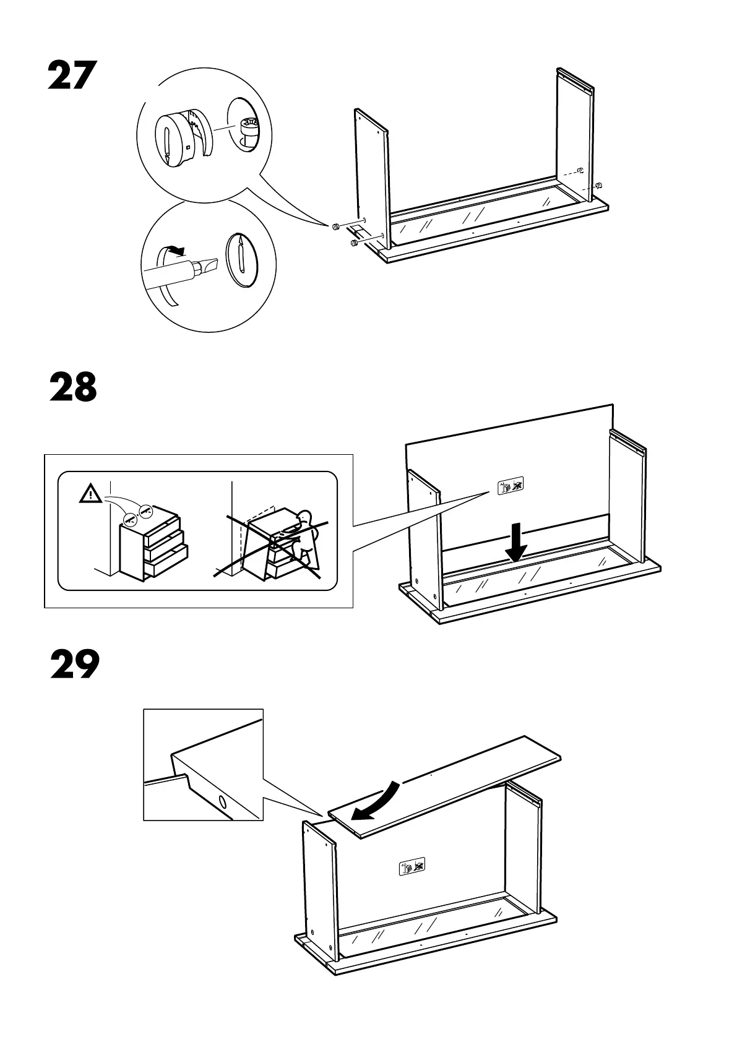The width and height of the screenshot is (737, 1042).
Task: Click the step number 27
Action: (x=72, y=76)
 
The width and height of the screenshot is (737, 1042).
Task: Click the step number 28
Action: (x=73, y=388)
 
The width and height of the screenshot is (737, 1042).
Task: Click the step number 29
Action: (x=74, y=665)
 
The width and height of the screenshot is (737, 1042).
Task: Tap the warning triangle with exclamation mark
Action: (x=91, y=494)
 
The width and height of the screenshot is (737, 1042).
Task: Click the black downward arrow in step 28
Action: (x=515, y=543)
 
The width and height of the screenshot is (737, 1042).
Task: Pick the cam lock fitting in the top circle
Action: (x=181, y=137)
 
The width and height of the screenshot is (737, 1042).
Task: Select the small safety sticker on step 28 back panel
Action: (x=511, y=486)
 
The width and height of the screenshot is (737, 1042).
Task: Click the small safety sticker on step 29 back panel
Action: (x=412, y=867)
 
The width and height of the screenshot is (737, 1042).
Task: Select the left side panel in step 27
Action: (x=371, y=179)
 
